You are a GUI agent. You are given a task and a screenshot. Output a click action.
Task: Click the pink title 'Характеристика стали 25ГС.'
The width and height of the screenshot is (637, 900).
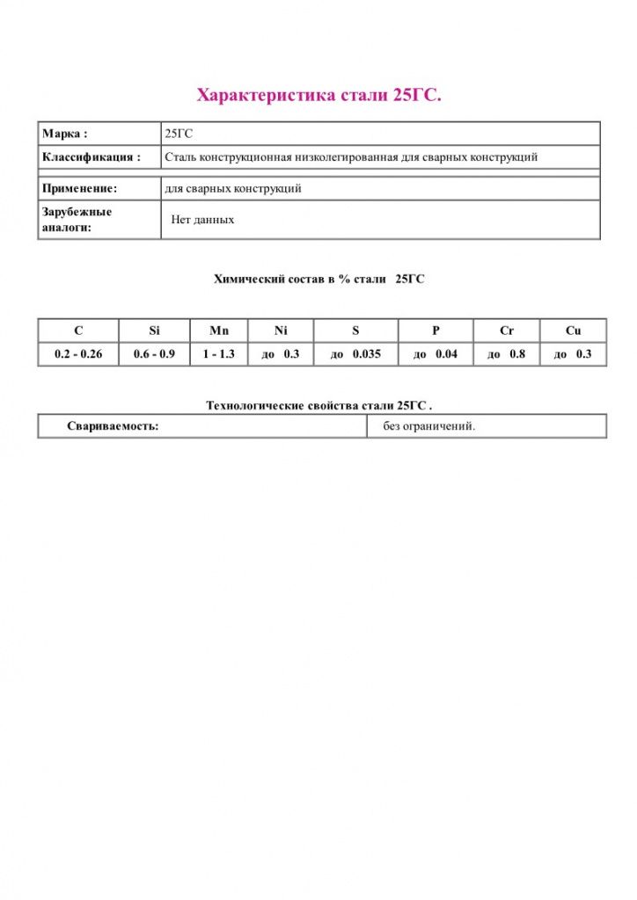(318, 95)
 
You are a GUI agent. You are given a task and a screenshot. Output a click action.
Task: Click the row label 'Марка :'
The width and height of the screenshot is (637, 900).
(65, 134)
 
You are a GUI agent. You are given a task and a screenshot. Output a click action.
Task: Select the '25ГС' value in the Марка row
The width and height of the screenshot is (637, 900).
(179, 134)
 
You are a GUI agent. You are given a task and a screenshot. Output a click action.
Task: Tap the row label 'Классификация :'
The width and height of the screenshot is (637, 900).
(92, 157)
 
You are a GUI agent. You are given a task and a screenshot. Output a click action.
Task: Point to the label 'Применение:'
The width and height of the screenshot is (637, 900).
(79, 188)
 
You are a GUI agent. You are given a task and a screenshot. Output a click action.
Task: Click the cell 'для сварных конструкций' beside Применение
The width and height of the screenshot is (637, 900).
(233, 188)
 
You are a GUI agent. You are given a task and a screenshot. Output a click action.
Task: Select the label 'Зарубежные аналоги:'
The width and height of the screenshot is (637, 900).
(77, 220)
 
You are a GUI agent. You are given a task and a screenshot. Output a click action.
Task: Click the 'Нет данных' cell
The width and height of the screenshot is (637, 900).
(202, 220)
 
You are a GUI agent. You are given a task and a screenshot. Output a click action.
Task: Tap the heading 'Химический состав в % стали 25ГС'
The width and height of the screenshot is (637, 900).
(319, 279)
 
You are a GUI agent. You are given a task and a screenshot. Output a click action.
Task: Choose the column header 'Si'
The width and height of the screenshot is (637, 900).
(154, 331)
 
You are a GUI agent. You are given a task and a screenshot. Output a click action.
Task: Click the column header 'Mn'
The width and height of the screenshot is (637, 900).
(219, 331)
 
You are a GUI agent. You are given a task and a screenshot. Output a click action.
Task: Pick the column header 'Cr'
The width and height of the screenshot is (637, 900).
(507, 331)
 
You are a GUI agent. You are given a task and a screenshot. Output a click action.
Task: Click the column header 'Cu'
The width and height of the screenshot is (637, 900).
(574, 331)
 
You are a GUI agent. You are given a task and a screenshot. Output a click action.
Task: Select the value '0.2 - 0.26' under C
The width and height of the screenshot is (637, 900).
(78, 354)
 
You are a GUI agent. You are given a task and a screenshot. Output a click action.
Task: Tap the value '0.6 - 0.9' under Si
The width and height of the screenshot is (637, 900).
(154, 354)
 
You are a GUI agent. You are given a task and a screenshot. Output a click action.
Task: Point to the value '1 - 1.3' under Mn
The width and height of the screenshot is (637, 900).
(219, 354)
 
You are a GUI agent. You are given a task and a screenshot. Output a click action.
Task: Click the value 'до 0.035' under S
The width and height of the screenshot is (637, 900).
(355, 354)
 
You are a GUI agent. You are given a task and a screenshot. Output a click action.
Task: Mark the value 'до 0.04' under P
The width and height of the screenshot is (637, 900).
(436, 354)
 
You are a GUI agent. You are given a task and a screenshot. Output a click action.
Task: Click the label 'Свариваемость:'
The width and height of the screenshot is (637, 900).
(113, 426)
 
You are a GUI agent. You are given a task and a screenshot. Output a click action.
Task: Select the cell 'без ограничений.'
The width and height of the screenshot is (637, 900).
(429, 426)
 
